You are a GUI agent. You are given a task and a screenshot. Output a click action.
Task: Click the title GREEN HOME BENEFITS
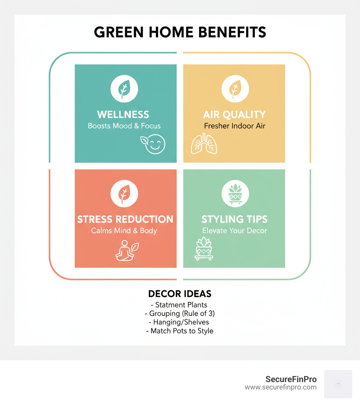(x=180, y=32)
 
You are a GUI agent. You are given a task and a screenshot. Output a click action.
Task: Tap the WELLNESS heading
(x=123, y=114)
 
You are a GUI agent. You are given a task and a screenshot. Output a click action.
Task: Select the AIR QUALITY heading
(x=234, y=114)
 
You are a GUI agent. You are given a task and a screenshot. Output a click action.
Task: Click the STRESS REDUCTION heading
(x=125, y=219)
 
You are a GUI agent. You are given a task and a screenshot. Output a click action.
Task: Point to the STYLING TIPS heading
(x=234, y=219)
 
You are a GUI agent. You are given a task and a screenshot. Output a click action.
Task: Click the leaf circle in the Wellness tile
(x=124, y=89)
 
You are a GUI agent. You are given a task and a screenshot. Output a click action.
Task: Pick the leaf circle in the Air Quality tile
(x=235, y=89)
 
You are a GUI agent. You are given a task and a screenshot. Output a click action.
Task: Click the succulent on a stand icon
(x=204, y=248)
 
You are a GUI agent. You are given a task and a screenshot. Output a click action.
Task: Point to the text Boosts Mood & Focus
(x=124, y=126)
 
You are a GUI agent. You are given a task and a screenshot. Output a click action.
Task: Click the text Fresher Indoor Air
(x=234, y=126)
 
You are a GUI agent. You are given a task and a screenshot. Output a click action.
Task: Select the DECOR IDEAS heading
(x=180, y=294)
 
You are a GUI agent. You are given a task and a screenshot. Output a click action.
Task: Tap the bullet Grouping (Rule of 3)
(x=180, y=313)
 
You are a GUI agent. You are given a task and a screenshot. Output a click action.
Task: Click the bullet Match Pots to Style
(x=180, y=331)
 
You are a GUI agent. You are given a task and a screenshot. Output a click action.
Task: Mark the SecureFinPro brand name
(x=291, y=379)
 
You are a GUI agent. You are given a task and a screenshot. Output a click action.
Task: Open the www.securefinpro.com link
(x=281, y=387)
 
